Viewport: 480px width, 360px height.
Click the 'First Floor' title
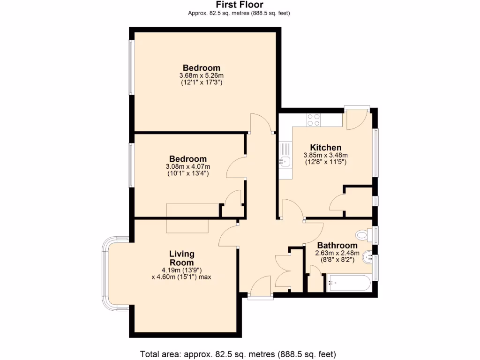(240, 5)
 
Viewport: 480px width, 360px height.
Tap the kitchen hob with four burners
(313, 120)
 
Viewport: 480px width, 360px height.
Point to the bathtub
(349, 283)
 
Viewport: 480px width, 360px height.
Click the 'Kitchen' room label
(325, 148)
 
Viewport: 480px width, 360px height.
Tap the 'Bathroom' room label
(337, 245)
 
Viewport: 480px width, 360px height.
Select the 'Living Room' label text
(181, 258)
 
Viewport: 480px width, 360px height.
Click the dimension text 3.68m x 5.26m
(202, 75)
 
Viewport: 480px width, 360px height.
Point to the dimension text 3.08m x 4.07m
(188, 166)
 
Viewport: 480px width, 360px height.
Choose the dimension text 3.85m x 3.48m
(325, 155)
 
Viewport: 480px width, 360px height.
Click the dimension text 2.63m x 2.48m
(337, 253)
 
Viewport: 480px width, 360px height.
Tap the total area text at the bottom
(239, 353)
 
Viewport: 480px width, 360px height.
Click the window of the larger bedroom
(132, 68)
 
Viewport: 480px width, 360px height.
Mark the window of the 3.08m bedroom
(132, 165)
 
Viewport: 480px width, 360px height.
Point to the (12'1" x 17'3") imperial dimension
(202, 82)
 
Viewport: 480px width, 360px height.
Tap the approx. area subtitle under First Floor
(239, 13)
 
